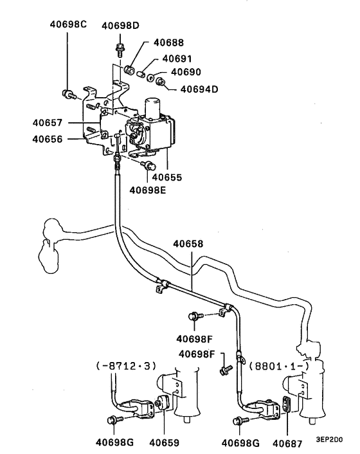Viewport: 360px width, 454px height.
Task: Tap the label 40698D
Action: coord(121,26)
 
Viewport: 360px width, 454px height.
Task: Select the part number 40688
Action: coord(168,43)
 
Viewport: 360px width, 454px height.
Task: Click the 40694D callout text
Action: coord(199,89)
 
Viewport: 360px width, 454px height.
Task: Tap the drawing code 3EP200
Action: coord(330,440)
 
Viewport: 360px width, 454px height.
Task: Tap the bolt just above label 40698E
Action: coord(150,167)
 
